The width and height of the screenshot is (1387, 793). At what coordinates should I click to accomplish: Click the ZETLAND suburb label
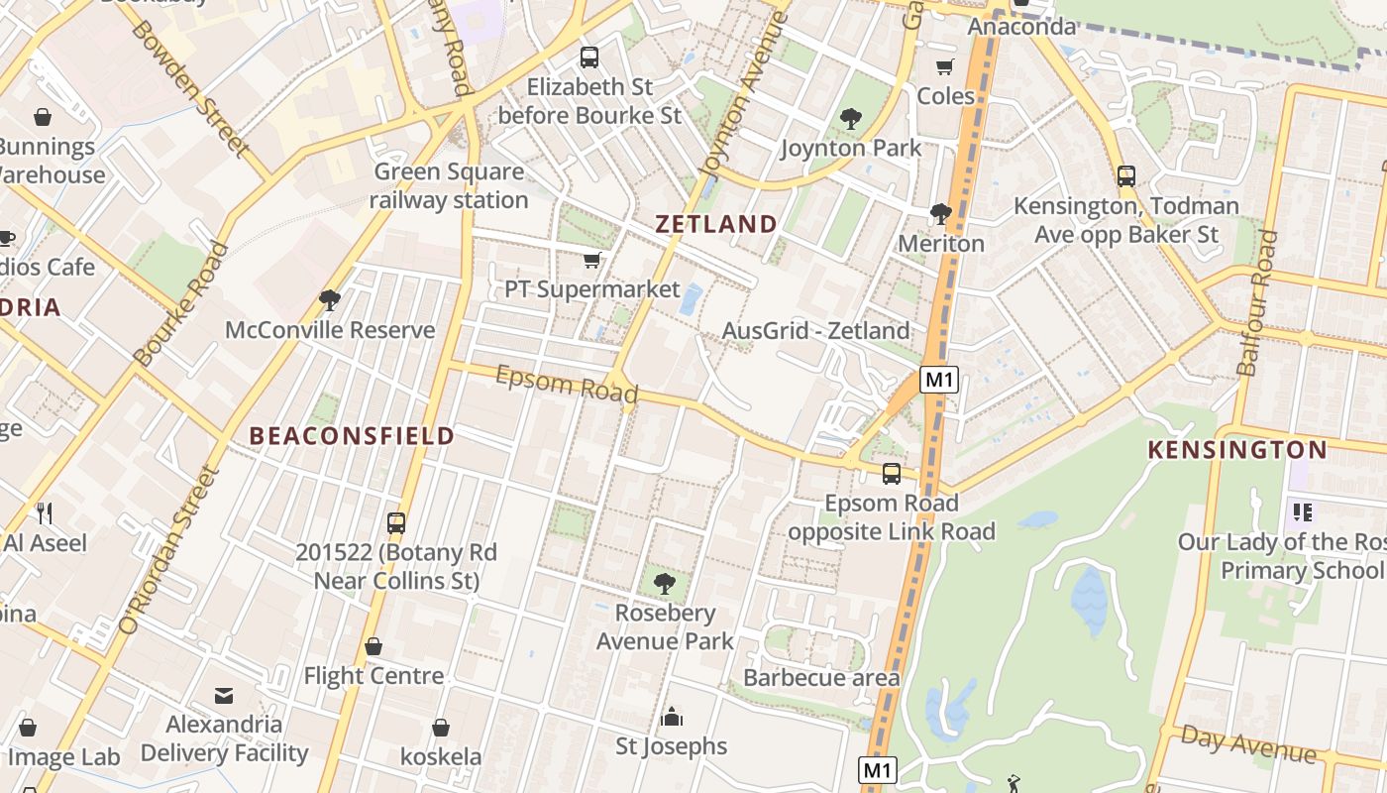point(715,224)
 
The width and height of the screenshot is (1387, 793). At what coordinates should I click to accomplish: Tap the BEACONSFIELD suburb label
point(352,435)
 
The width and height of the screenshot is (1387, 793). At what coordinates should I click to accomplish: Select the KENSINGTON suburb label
point(1236,450)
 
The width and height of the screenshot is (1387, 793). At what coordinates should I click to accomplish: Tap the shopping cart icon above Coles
point(945,67)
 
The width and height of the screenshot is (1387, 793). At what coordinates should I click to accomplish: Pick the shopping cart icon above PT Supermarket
point(591,261)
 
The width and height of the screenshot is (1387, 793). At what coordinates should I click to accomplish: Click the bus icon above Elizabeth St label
point(589,57)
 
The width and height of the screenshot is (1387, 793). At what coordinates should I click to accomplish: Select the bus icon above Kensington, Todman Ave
point(1125,176)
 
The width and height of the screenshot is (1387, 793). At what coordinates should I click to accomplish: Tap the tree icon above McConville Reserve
point(330,300)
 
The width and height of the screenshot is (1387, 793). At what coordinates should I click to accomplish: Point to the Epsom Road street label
point(566,385)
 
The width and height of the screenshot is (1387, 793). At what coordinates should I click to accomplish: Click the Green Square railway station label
point(449,185)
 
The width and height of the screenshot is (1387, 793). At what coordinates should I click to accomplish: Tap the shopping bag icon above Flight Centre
point(373,647)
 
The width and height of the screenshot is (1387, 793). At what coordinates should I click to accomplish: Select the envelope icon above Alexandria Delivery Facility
point(224,696)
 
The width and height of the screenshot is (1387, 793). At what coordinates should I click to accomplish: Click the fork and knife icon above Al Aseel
point(45,512)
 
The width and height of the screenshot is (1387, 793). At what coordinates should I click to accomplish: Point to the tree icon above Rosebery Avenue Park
point(665,584)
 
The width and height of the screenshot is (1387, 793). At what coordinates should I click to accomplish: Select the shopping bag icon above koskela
point(441,728)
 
